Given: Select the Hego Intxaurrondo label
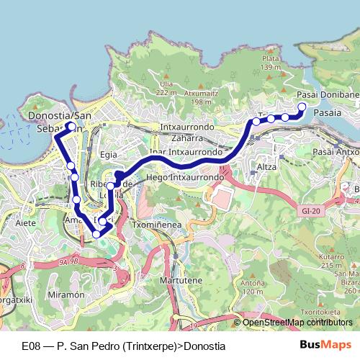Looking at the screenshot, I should (184, 176).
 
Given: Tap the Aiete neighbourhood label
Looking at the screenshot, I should (25, 224).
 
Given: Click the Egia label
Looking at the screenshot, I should (109, 154).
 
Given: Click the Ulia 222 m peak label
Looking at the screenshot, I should (166, 88).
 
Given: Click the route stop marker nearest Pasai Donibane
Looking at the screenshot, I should (302, 107).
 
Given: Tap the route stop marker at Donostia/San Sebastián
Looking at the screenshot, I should (71, 126).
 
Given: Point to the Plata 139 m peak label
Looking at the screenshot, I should (271, 63).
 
